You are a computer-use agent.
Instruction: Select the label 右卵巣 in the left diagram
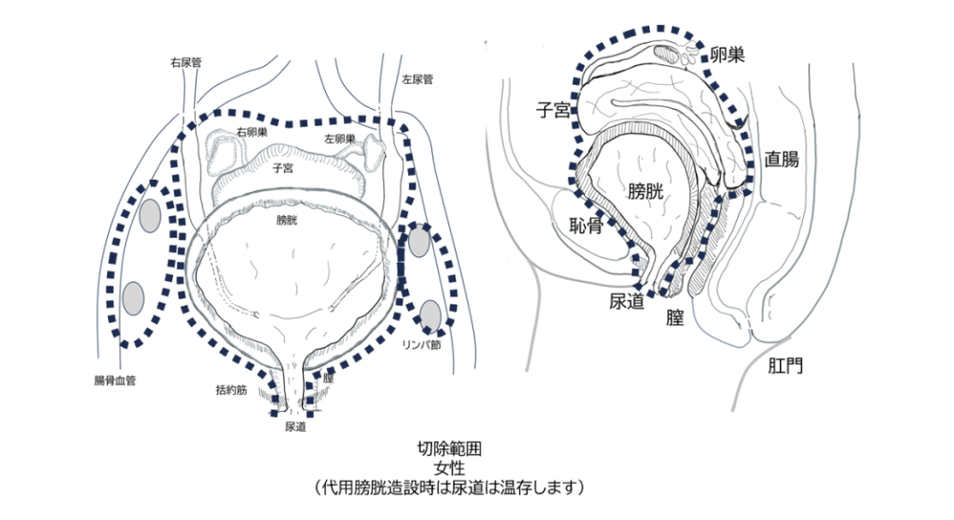(x=252, y=131)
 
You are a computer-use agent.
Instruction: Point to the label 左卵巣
(x=340, y=139)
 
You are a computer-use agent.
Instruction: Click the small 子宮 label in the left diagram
(x=284, y=169)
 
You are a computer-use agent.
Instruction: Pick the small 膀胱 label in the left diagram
(x=288, y=221)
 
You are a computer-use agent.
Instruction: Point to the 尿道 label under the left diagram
(x=295, y=428)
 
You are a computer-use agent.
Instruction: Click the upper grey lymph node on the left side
(x=150, y=216)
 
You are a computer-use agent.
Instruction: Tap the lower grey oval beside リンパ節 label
(x=430, y=312)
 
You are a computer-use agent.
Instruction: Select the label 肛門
(x=783, y=364)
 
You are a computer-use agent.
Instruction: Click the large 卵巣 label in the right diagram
(x=728, y=55)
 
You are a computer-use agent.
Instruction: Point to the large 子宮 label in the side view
(x=552, y=111)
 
